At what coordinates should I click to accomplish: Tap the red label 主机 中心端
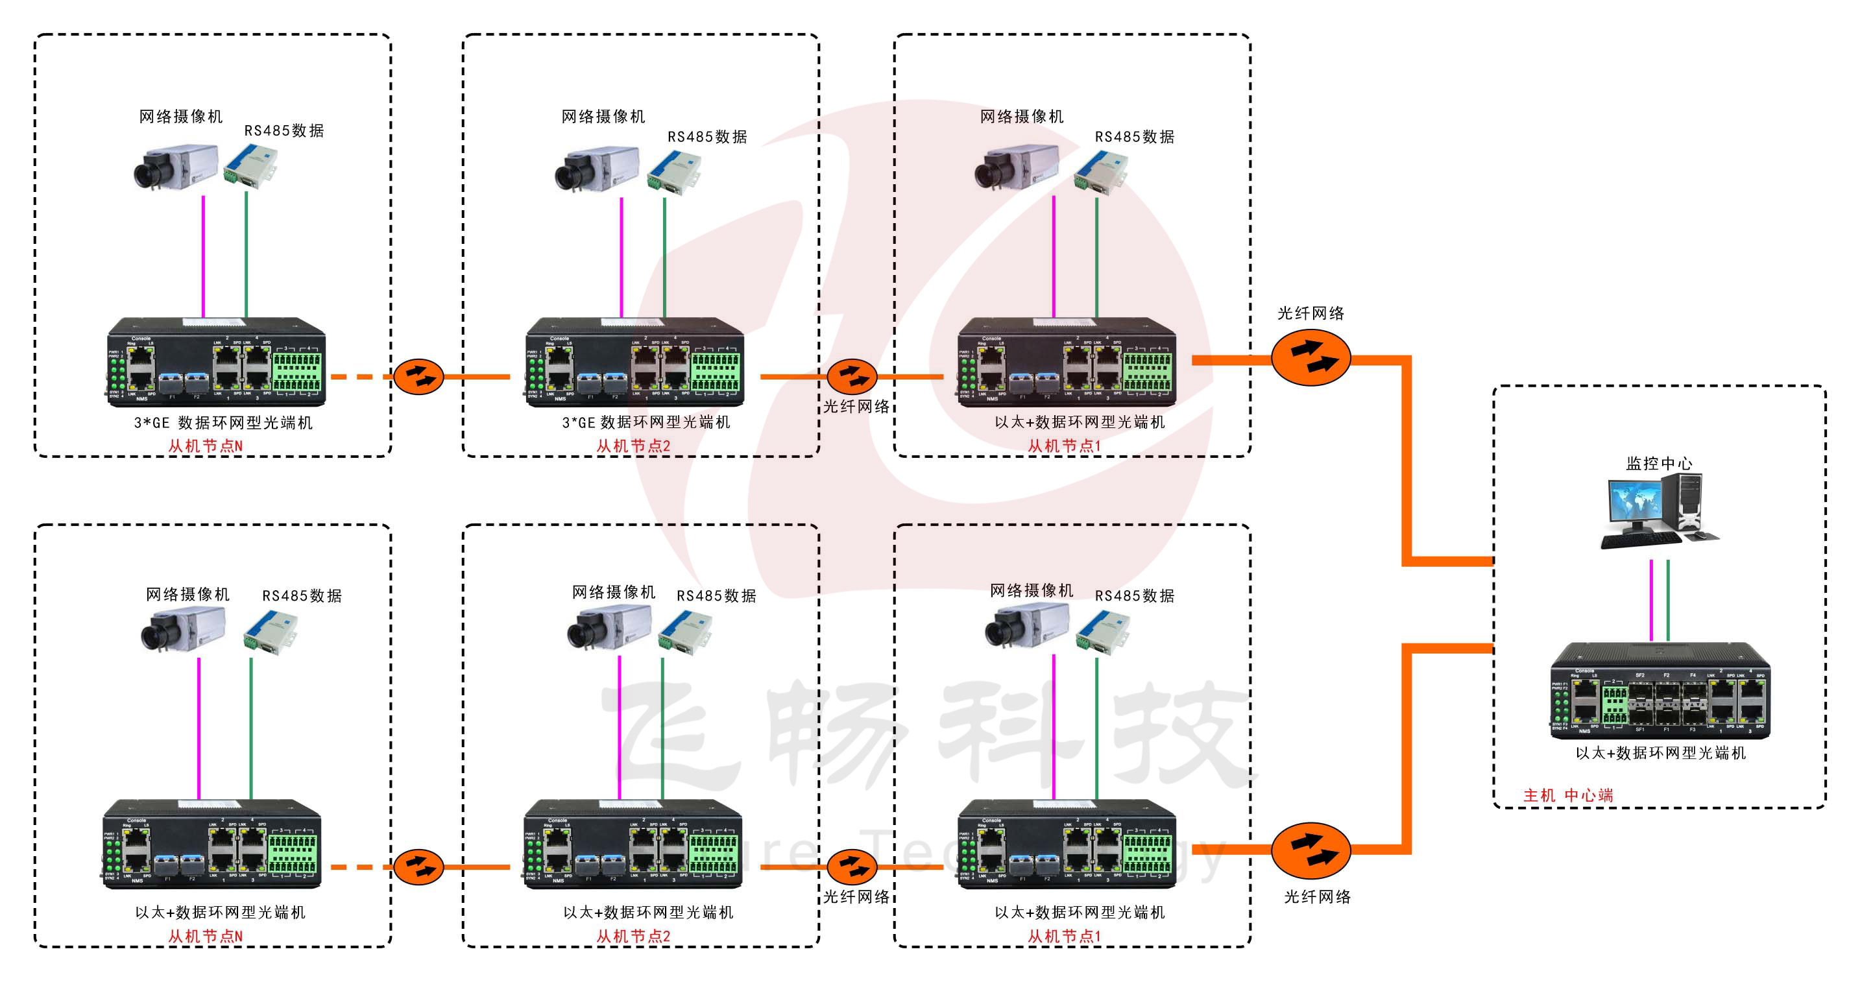[x=1567, y=795]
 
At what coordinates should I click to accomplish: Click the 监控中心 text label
[x=1658, y=464]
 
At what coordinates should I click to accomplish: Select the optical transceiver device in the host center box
[x=1660, y=693]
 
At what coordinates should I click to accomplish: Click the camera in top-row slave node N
[x=175, y=167]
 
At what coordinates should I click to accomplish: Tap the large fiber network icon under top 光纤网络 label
[x=1310, y=357]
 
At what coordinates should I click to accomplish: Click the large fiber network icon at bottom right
[x=1310, y=850]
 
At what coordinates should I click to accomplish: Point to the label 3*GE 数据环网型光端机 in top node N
[x=223, y=423]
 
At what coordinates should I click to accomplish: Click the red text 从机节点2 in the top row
[x=633, y=446]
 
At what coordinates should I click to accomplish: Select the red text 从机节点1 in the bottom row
[x=1065, y=936]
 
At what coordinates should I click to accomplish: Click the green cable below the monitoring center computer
[x=1668, y=599]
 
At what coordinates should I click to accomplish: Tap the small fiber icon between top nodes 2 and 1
[x=852, y=376]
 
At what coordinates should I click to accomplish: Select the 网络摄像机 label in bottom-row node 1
[x=1031, y=591]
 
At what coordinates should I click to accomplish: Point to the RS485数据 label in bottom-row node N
[x=302, y=595]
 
